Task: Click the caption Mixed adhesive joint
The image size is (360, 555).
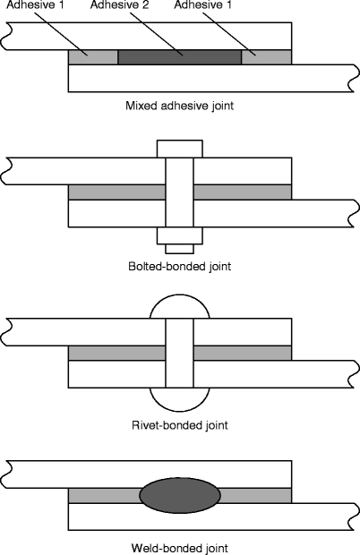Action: click(179, 106)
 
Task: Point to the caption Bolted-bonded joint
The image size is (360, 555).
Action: click(179, 266)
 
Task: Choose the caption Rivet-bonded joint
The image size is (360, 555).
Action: click(179, 424)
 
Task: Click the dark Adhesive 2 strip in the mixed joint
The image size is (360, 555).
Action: click(180, 56)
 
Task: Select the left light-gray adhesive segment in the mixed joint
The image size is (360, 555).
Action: click(93, 56)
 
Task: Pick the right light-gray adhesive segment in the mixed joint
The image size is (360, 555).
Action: click(267, 56)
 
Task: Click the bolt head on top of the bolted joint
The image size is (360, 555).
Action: click(179, 149)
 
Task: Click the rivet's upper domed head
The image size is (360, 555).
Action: click(179, 309)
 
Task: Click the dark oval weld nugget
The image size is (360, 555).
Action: click(179, 495)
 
